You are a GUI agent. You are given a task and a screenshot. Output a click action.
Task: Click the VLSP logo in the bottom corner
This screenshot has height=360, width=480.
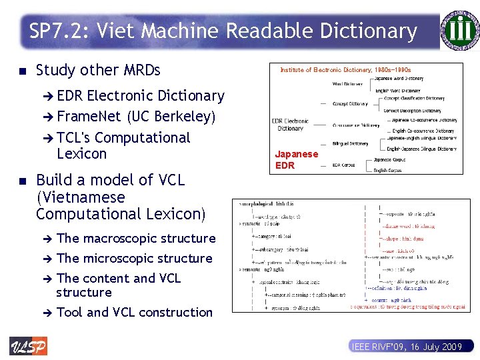click(28, 346)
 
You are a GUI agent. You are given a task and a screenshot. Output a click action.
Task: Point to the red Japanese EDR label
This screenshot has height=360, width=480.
click(297, 159)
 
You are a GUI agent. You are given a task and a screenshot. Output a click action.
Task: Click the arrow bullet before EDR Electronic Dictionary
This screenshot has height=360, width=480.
click(49, 96)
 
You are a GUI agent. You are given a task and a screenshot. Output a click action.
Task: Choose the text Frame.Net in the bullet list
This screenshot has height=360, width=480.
click(89, 117)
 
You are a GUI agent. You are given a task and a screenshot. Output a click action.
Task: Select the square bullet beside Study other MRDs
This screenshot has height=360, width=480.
click(23, 70)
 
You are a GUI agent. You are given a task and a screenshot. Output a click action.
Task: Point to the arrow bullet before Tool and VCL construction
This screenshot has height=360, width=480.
click(47, 312)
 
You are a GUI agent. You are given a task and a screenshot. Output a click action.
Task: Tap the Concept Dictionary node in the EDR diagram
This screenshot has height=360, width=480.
click(350, 104)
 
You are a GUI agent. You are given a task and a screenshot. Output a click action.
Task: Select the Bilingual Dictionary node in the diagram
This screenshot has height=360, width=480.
click(350, 143)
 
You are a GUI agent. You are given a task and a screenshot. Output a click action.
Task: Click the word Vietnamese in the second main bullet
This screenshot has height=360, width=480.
click(81, 197)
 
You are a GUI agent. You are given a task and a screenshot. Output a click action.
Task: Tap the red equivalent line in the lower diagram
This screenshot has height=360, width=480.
click(406, 307)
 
